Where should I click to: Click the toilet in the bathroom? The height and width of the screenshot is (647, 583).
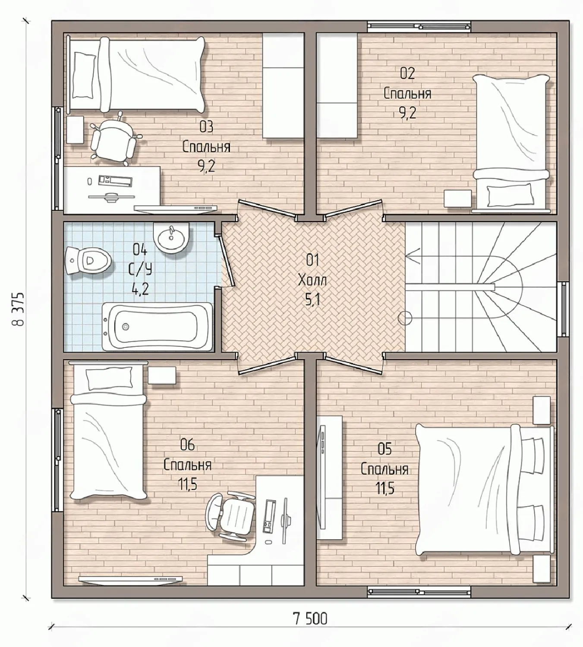coord(88,261)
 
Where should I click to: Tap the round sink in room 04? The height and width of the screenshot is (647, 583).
coord(171,238)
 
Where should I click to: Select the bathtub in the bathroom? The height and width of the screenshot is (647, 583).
coord(157,327)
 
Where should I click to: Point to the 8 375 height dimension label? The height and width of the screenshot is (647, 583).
coord(19,309)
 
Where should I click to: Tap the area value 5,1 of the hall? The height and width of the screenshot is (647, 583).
coord(312,300)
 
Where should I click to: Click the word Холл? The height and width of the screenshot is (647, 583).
coord(312,281)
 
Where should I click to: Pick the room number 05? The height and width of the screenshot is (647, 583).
coord(384,449)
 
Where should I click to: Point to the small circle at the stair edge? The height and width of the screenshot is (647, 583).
coord(405,318)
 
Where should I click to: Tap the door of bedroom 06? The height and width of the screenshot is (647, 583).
coord(267,364)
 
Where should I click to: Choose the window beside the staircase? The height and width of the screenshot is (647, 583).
coord(564,309)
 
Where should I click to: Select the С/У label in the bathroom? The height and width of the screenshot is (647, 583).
coord(140,270)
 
